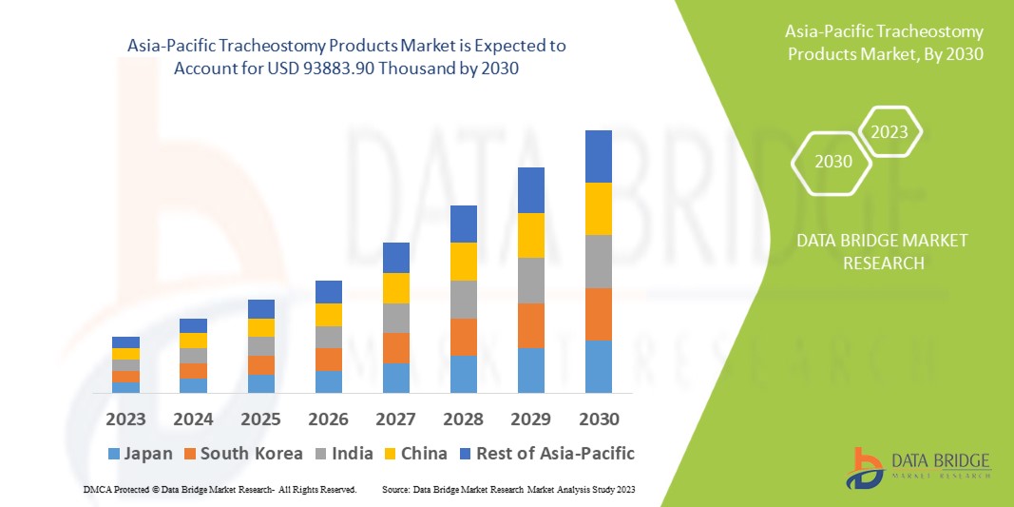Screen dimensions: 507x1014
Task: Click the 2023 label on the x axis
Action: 125,419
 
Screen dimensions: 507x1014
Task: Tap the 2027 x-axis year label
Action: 396,419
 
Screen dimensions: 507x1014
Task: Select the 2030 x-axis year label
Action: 599,419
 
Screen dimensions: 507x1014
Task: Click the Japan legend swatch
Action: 115,454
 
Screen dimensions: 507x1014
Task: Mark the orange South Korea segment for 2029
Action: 531,325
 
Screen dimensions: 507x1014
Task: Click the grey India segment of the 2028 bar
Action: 464,299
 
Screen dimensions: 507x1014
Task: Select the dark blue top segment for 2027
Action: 396,258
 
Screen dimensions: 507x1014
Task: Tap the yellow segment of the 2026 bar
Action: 329,315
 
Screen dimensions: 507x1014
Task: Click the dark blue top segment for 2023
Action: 125,342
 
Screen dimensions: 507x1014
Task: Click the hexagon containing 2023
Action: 890,132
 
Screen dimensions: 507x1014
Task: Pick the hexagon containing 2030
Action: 832,161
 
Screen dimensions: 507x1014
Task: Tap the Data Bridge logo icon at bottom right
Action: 868,465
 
